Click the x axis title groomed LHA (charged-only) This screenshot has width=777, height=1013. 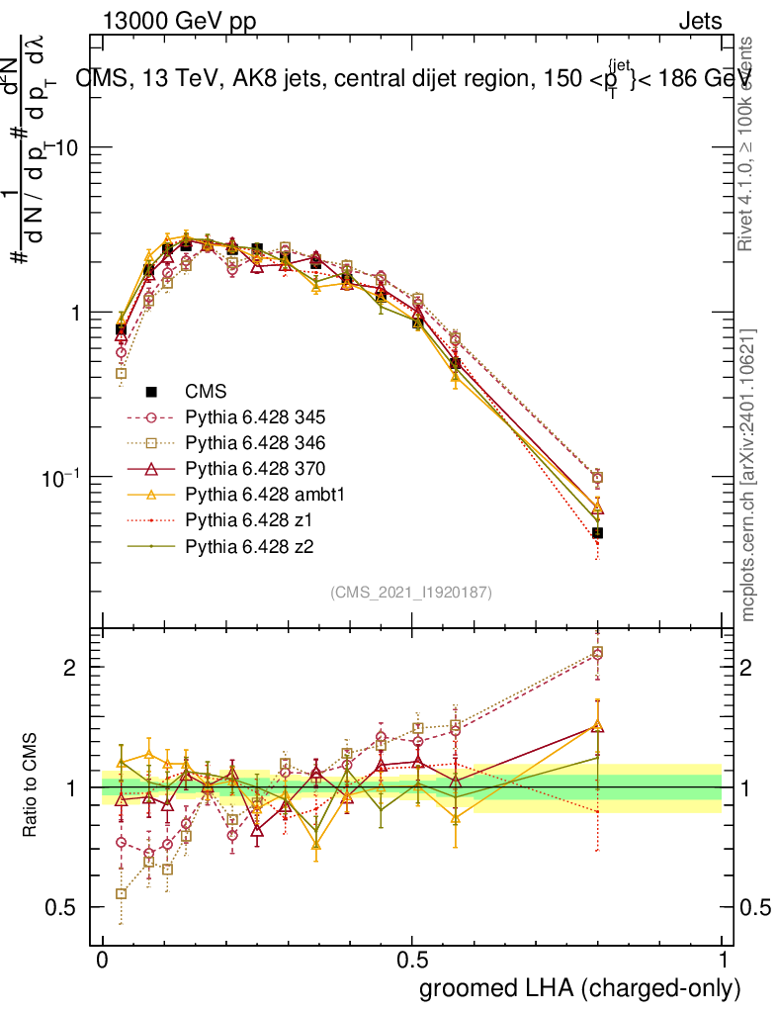click(580, 988)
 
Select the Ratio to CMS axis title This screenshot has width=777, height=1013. click(31, 785)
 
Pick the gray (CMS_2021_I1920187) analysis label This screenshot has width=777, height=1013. click(411, 592)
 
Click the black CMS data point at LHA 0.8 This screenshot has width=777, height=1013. click(597, 533)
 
